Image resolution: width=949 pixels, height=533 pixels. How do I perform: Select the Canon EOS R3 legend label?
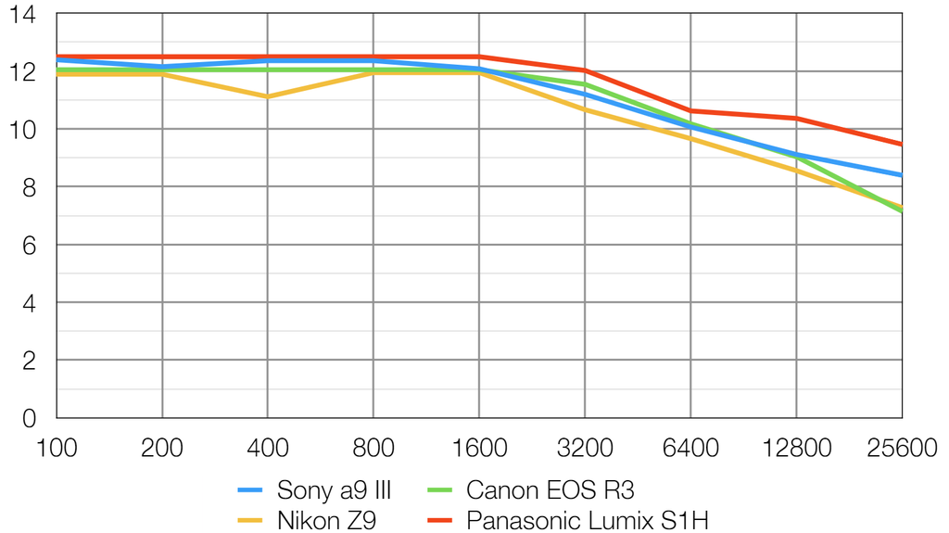pyautogui.click(x=550, y=489)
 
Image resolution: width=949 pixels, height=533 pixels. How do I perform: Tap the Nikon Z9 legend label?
pyautogui.click(x=326, y=519)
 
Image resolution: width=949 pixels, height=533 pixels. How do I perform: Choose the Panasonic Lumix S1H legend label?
pyautogui.click(x=588, y=519)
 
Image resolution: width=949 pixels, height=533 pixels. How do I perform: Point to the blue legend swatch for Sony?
pyautogui.click(x=253, y=489)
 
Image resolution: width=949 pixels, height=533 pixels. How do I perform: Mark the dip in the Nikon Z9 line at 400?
pyautogui.click(x=268, y=96)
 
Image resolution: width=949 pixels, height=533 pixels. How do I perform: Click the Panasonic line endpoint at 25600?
pyautogui.click(x=902, y=144)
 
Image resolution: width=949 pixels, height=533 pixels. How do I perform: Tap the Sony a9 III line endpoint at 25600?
pyautogui.click(x=902, y=175)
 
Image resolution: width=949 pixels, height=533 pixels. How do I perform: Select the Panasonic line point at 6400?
pyautogui.click(x=690, y=111)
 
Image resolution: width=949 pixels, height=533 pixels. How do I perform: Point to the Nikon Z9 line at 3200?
pyautogui.click(x=585, y=109)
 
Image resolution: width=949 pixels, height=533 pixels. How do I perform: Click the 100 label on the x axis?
pyautogui.click(x=57, y=449)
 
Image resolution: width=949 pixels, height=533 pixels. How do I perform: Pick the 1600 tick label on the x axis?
pyautogui.click(x=479, y=449)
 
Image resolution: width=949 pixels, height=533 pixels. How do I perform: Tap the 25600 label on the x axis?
pyautogui.click(x=900, y=449)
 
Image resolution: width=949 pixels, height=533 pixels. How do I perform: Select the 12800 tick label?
pyautogui.click(x=796, y=449)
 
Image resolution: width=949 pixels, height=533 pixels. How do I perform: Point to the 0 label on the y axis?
pyautogui.click(x=28, y=418)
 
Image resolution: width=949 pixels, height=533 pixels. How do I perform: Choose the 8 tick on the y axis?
pyautogui.click(x=28, y=187)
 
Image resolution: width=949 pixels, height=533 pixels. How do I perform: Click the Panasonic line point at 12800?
pyautogui.click(x=796, y=118)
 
